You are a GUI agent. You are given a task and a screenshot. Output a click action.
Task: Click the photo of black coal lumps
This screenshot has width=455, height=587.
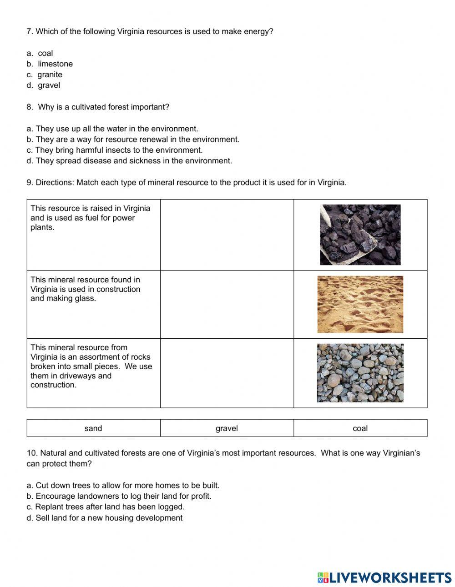360,235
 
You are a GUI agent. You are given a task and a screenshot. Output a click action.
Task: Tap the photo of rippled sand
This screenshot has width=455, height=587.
360,304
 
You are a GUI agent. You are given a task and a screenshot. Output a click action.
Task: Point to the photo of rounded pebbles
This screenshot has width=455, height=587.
360,373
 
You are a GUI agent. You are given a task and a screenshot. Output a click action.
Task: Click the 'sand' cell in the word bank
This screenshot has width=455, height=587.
93,428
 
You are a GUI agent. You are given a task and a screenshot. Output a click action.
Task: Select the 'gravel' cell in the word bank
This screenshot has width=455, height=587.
227,428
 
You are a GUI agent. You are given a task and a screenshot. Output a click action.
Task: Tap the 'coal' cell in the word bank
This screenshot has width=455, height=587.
360,428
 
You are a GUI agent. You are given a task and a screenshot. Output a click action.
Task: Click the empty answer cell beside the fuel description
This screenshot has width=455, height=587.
227,235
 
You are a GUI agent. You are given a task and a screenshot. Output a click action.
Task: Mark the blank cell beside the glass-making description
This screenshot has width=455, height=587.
227,304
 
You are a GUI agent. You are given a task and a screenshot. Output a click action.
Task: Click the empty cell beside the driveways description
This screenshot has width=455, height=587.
227,373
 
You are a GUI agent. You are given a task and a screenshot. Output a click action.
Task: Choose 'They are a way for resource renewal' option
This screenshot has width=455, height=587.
133,140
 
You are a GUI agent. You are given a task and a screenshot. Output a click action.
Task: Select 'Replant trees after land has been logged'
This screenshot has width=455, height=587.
106,507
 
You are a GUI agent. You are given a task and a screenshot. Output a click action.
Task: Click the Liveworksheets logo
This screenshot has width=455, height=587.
384,577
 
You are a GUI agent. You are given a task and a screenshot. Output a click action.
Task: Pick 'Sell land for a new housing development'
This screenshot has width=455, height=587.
105,518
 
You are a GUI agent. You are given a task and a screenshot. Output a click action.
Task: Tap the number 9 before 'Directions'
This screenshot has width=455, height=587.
29,183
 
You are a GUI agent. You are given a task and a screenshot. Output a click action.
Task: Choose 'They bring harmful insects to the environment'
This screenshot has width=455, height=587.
115,150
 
